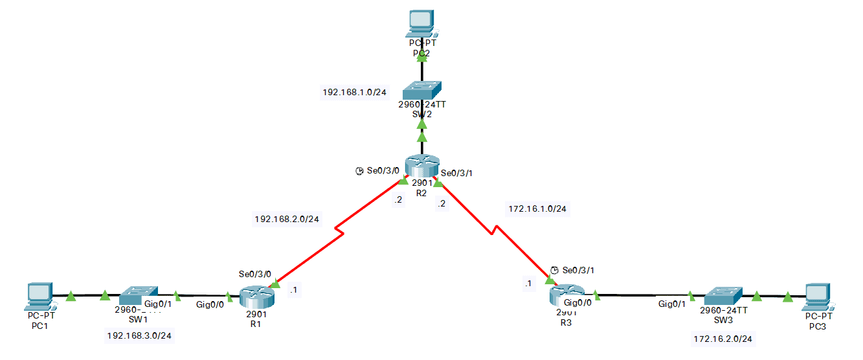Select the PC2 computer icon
point(422,23)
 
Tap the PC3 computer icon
point(817,296)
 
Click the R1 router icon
point(257,298)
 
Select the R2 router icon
point(422,166)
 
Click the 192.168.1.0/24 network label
point(354,93)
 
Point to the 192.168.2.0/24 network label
point(287,219)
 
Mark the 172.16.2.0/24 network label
point(727,339)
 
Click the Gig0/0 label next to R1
point(210,304)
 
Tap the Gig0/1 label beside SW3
point(671,304)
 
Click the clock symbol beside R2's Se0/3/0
point(359,172)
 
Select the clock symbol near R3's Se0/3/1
point(554,270)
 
